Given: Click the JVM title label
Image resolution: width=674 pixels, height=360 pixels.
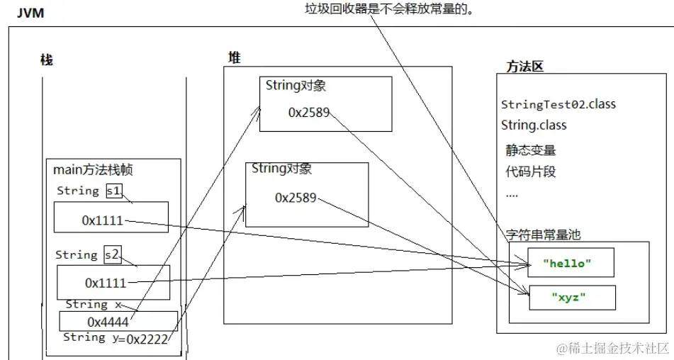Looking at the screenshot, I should point(29,12).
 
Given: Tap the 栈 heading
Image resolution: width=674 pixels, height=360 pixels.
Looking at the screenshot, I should point(47,60).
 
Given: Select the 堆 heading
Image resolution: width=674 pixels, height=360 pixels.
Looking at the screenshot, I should point(235,57).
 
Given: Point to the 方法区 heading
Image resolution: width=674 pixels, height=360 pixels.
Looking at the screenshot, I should point(524,66).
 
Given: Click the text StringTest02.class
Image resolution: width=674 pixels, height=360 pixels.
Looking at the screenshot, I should point(558,104).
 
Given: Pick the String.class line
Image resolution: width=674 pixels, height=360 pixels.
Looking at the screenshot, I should point(534,125).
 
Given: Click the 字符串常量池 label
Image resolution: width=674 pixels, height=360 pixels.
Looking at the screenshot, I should point(544,235).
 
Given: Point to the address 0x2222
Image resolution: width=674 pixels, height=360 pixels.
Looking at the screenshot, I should point(147,339).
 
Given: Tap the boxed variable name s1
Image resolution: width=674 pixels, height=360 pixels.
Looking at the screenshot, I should point(113,191).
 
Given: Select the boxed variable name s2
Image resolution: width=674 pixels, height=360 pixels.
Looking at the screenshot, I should point(113,254).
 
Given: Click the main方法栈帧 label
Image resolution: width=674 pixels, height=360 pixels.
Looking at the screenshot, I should point(92,169).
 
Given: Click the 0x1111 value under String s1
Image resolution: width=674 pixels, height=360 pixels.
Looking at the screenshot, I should point(103,220).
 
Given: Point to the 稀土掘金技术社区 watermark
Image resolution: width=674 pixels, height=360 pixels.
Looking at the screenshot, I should point(614,348).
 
